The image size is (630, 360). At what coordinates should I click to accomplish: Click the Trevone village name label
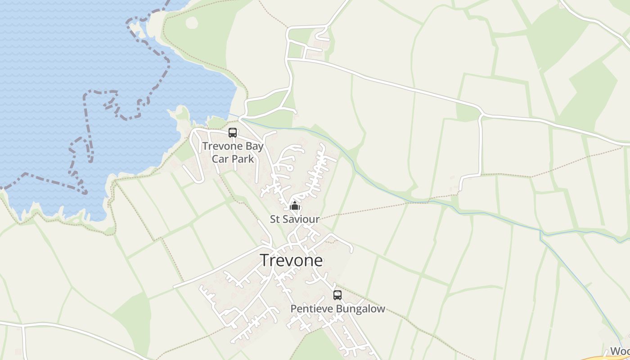(x=291, y=261)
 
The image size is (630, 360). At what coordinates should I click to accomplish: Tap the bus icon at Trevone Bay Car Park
(x=233, y=133)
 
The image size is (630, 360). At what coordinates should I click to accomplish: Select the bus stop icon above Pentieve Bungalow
(x=337, y=295)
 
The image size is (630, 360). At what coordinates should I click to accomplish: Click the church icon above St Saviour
(x=295, y=207)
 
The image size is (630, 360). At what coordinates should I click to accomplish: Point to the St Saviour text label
(x=294, y=219)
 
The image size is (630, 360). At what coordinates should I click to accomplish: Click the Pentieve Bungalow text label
(x=337, y=309)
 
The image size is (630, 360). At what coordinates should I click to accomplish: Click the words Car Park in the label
(x=233, y=159)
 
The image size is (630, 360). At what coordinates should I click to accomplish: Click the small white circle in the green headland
(x=191, y=22)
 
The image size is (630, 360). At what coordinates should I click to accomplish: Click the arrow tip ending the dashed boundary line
(x=86, y=194)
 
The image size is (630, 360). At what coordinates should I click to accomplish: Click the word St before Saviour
(x=274, y=219)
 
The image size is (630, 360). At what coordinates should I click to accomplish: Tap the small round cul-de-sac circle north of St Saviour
(x=290, y=168)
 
